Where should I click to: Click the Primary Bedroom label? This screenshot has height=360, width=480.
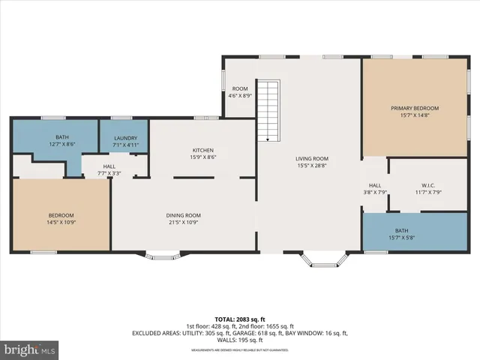(415, 109)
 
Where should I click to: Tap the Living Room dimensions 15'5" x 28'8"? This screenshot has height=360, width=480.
(311, 166)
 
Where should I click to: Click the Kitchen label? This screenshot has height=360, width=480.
(203, 150)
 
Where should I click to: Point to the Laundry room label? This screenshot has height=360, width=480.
(125, 139)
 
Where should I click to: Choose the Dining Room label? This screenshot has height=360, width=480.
(183, 215)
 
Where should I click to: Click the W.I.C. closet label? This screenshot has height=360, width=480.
(428, 185)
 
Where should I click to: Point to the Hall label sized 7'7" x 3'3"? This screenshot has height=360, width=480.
(109, 166)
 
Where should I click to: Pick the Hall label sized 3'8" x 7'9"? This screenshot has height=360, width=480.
(375, 185)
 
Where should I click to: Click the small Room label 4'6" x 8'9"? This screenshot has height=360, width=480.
(240, 88)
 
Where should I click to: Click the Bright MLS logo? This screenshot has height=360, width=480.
(30, 349)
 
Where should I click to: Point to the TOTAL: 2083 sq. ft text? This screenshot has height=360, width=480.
(240, 319)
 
